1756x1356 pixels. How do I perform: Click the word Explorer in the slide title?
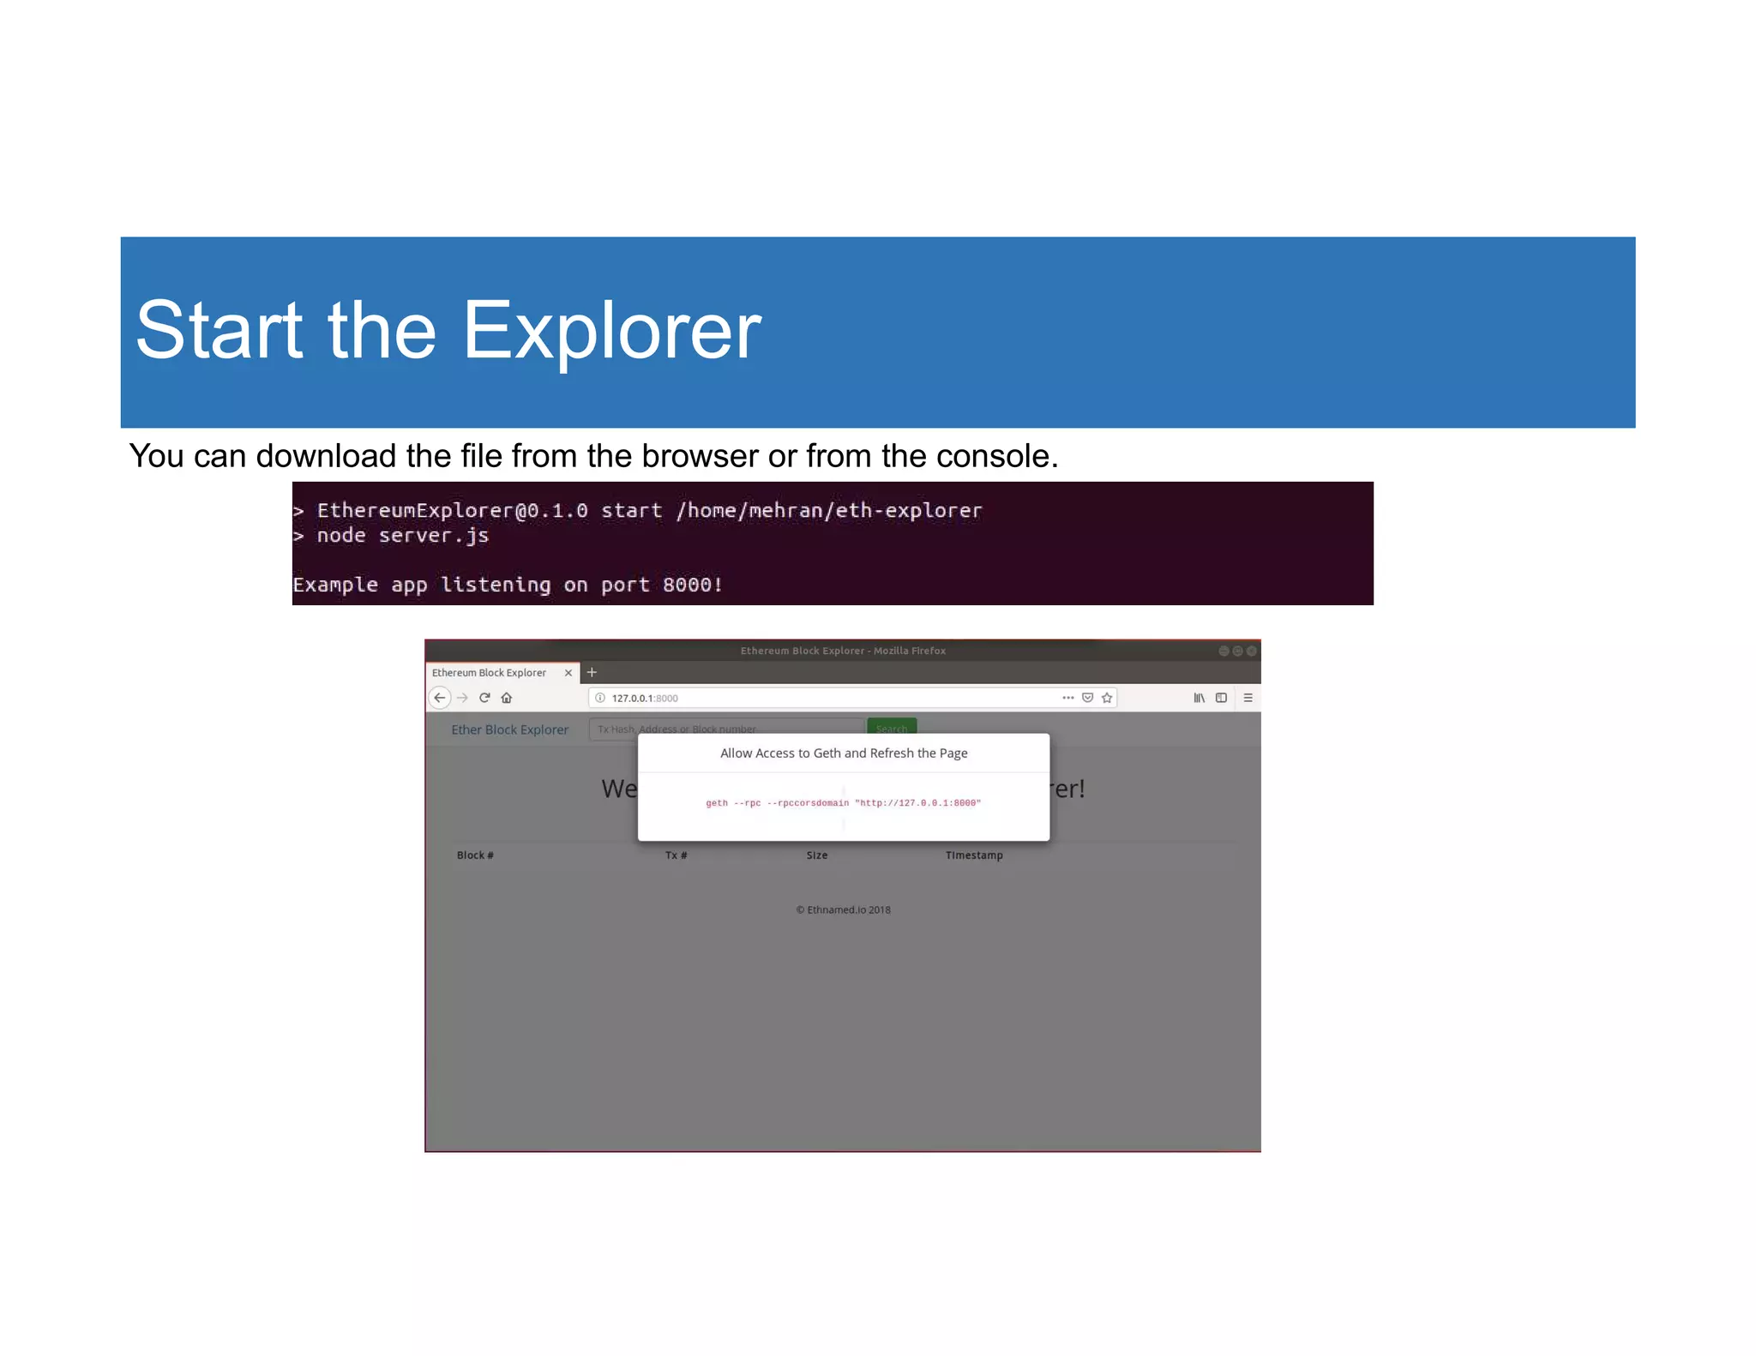click(611, 332)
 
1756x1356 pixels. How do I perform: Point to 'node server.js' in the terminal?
click(402, 536)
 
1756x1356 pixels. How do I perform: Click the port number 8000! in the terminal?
click(692, 585)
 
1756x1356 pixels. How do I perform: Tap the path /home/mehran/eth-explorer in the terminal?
click(828, 511)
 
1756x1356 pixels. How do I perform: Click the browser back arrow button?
click(440, 698)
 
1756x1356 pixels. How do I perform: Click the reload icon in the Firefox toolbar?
click(484, 698)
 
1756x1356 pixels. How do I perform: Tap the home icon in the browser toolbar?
click(507, 698)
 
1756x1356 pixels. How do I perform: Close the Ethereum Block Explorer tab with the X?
click(568, 673)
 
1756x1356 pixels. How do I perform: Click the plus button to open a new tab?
click(592, 673)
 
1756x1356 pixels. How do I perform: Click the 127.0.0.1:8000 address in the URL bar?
click(644, 699)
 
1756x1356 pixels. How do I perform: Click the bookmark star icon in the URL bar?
click(1107, 698)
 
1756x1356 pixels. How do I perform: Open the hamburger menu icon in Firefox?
click(1248, 698)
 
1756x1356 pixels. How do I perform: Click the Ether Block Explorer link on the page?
click(509, 729)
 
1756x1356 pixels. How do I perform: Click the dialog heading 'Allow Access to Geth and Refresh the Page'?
click(843, 753)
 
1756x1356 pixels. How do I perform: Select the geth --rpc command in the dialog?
click(843, 803)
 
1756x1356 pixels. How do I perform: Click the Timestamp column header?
click(973, 855)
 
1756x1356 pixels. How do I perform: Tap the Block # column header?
click(475, 855)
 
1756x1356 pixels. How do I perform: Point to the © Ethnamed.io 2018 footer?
click(843, 910)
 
